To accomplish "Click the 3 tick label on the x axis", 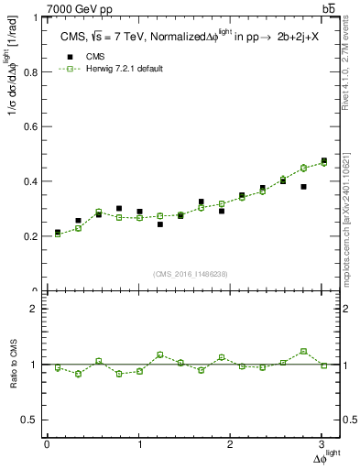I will (x=322, y=444).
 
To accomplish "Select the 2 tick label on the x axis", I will (x=230, y=444).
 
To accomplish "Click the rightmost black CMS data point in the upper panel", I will (x=323, y=161).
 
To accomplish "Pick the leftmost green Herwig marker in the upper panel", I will (x=58, y=234).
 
